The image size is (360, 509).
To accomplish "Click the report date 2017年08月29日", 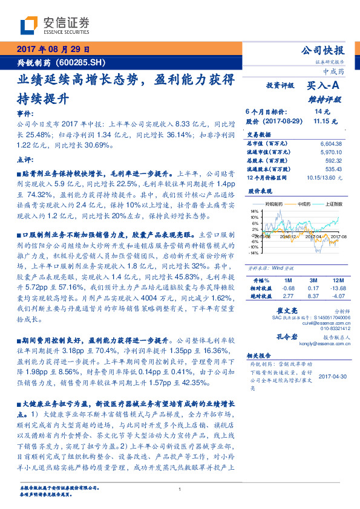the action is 53,50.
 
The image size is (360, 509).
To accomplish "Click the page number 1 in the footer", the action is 180,490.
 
